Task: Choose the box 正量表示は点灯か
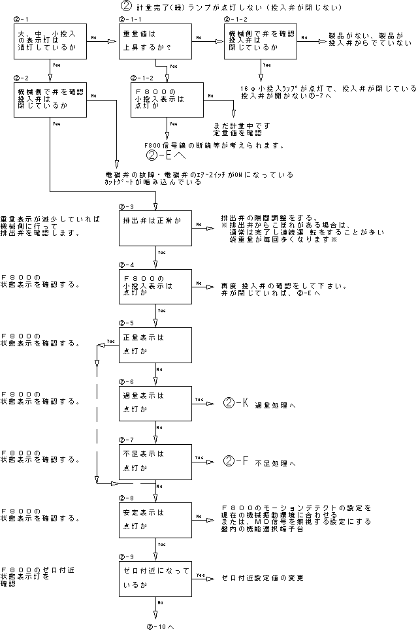click(x=154, y=346)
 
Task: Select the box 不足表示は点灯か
click(x=154, y=461)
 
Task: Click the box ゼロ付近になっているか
click(x=154, y=578)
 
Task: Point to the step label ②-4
click(x=126, y=265)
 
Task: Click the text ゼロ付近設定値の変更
click(x=262, y=579)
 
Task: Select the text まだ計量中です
click(x=242, y=125)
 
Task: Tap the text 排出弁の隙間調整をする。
click(x=268, y=218)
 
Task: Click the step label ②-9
click(x=126, y=557)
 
